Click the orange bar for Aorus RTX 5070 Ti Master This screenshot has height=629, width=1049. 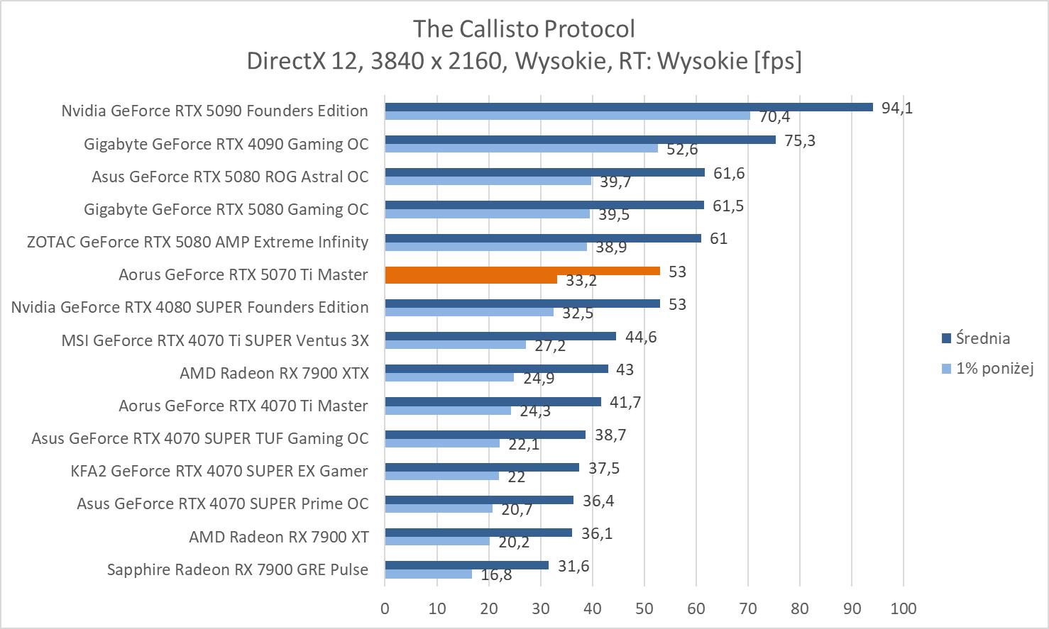click(522, 271)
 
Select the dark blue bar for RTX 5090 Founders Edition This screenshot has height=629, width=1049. click(629, 107)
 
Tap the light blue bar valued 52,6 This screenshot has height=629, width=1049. click(521, 148)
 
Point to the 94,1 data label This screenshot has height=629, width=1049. click(896, 108)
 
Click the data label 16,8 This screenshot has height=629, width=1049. click(496, 574)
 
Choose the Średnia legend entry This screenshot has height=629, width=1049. click(982, 338)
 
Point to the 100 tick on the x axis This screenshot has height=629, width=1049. click(903, 608)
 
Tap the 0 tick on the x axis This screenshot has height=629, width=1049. click(385, 608)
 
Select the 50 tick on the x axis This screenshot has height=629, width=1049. click(644, 608)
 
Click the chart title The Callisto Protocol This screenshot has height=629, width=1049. click(524, 29)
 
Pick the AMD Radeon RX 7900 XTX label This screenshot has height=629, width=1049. click(274, 373)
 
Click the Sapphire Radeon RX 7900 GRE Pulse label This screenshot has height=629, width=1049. click(238, 569)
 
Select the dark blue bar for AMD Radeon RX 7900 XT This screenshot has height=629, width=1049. click(478, 533)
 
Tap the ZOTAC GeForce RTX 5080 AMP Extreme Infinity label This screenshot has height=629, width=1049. click(197, 242)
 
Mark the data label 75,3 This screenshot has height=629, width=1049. click(800, 140)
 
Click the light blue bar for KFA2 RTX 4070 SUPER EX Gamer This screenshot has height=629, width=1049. click(441, 476)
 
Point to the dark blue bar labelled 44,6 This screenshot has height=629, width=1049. click(500, 336)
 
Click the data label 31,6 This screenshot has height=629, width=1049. click(573, 566)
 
